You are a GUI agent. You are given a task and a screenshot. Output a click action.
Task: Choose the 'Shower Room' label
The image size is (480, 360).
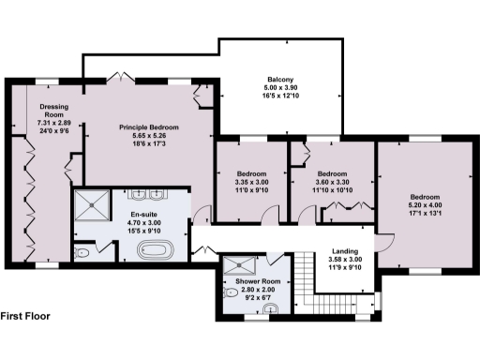(x=257, y=281)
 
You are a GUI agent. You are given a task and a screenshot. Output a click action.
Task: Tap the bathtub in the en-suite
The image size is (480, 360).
(x=155, y=250)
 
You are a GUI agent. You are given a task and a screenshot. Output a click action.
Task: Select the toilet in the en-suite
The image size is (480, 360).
(x=82, y=253)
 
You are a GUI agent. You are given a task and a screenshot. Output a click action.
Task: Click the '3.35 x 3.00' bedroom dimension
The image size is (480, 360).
(x=251, y=182)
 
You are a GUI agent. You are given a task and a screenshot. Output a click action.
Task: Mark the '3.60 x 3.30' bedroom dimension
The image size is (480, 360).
(x=333, y=182)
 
